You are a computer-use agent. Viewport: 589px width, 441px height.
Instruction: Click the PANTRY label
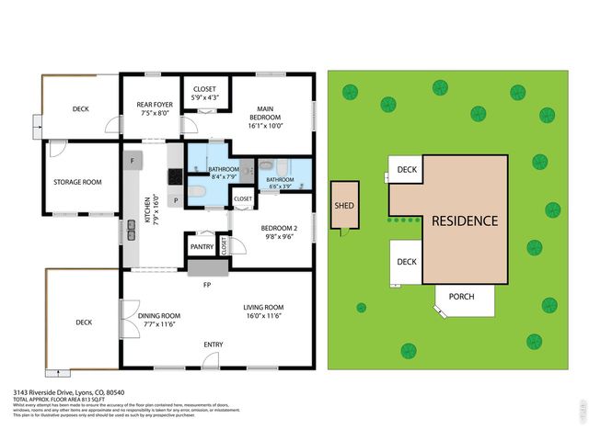(x=202, y=247)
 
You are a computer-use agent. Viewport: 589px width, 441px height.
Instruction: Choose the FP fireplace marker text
(x=208, y=285)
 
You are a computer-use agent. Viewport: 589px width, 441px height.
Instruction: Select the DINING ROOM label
(x=158, y=319)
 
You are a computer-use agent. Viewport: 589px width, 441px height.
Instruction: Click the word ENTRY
(x=213, y=345)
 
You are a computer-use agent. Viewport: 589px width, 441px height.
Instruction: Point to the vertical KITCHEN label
(x=145, y=210)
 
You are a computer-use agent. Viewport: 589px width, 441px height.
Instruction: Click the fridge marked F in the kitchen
(x=132, y=162)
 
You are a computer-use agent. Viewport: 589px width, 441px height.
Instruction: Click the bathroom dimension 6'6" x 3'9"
(x=280, y=186)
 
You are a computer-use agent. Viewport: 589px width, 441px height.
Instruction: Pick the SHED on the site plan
(x=343, y=206)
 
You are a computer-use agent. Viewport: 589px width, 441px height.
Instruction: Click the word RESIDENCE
(x=465, y=221)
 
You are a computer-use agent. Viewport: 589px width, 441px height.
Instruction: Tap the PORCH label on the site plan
(x=461, y=297)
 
